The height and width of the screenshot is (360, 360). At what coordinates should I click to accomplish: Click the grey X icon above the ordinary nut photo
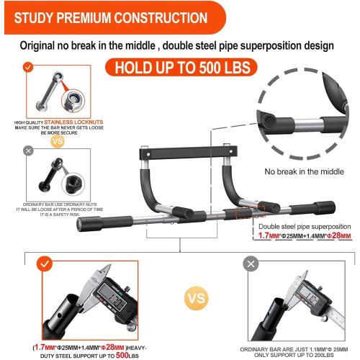28,150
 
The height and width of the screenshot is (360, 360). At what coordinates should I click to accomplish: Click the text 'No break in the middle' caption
303,172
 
